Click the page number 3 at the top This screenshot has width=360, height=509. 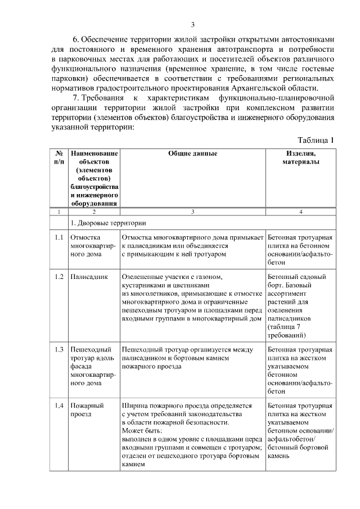(192, 24)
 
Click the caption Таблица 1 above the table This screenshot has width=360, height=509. (316, 140)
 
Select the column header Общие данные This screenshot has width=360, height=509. (192, 153)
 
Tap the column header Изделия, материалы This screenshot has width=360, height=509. (301, 157)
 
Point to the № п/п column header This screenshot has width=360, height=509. (58, 157)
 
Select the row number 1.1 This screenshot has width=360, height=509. (58, 238)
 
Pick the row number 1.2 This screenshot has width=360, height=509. (58, 277)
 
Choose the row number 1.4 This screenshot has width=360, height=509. (58, 405)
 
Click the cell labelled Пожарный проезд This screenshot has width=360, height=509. (85, 409)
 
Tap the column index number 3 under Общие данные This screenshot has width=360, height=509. (192, 211)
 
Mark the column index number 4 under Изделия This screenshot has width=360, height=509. (301, 211)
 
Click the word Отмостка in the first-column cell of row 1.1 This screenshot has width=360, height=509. (85, 238)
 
